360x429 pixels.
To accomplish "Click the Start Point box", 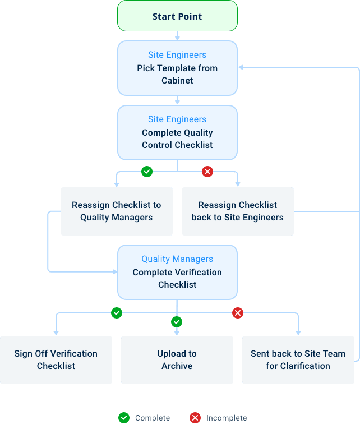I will (177, 16).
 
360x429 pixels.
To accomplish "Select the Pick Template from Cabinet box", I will (177, 68).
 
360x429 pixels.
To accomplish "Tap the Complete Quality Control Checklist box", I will (177, 133).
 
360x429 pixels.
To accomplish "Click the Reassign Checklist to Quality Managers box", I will (116, 211).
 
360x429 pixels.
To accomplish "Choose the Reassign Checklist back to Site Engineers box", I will (237, 211).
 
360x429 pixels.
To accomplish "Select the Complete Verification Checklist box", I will (177, 272).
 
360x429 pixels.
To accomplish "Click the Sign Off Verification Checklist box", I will (56, 359).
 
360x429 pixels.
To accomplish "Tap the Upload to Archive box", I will (177, 359).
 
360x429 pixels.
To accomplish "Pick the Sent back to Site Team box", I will (298, 359).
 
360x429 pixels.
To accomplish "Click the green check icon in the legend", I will (123, 418).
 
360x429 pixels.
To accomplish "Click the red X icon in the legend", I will (195, 418).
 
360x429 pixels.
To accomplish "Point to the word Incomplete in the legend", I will (227, 418).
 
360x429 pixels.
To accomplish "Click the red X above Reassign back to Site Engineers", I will (207, 172).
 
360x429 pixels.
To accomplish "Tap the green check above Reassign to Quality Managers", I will (147, 172).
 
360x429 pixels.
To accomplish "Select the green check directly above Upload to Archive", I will (177, 322).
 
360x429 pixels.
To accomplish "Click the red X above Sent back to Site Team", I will (238, 313).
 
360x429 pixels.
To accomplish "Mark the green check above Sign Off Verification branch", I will (117, 313).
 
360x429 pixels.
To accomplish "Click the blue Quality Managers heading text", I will (177, 259).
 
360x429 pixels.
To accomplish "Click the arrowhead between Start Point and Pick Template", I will (177, 38).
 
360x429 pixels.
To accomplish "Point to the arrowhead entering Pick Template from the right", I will (241, 68).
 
